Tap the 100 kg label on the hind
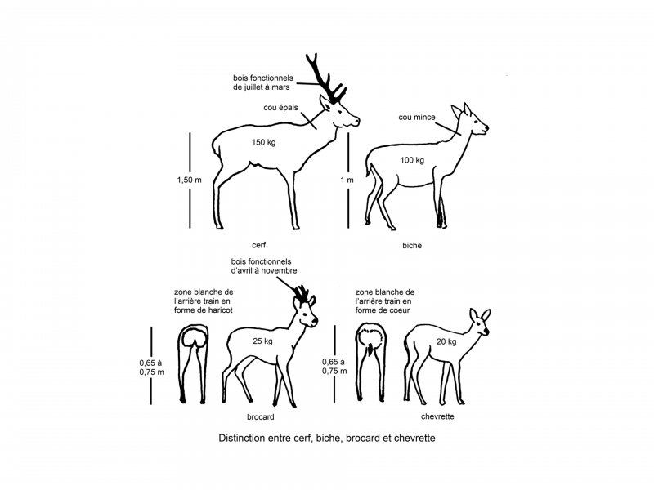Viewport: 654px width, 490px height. pos(412,160)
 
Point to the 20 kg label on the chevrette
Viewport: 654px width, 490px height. pos(446,341)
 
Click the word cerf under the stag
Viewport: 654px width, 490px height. pos(259,244)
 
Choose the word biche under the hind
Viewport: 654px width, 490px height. pos(412,244)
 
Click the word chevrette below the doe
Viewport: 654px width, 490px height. pos(437,416)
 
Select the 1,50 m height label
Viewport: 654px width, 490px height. pos(188,180)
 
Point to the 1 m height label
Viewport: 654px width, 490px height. pos(347,180)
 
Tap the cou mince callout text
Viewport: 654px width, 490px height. pos(415,117)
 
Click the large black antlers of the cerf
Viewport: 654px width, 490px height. pos(322,78)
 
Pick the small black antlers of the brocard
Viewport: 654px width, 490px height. pos(302,293)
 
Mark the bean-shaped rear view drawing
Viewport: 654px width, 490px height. pos(193,359)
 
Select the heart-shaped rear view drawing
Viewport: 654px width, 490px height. pos(373,359)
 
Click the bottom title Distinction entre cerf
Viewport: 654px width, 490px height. pos(327,439)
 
